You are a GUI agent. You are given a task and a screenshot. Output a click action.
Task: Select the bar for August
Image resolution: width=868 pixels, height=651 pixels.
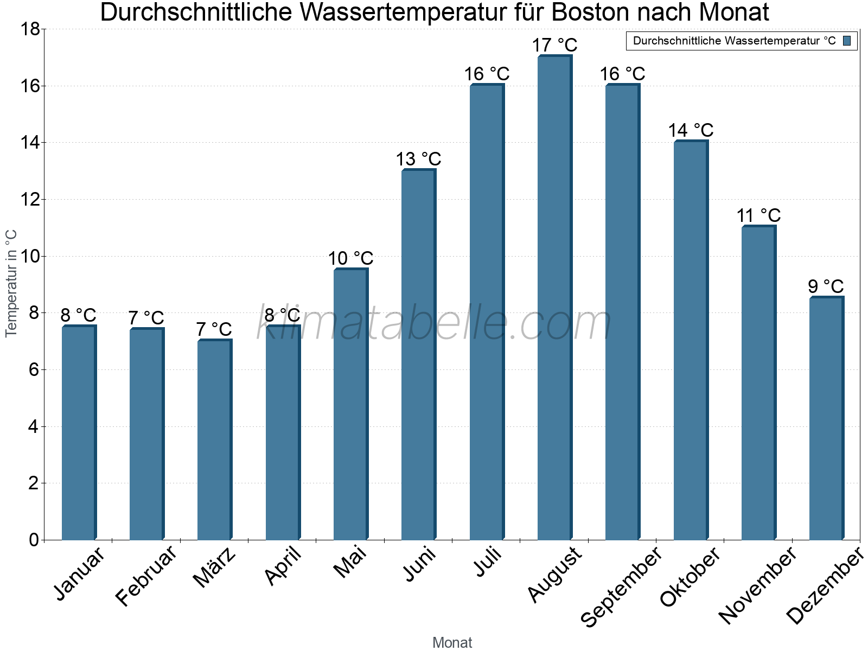point(554,298)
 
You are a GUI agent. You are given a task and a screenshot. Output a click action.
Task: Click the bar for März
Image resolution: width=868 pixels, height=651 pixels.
point(214,439)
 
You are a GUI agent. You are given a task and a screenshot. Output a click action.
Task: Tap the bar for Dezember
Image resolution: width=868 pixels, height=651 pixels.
point(826,418)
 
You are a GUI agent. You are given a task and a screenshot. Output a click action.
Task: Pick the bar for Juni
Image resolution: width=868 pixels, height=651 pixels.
point(418,355)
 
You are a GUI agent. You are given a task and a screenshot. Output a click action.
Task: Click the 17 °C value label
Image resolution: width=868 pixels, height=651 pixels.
point(554,45)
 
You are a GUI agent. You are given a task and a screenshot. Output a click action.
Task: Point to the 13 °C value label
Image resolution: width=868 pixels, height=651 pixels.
point(418,159)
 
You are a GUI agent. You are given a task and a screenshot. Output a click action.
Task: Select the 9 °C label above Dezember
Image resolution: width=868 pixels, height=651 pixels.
point(826,286)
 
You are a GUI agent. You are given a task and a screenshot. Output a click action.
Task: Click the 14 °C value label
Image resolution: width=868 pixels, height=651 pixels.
point(691,131)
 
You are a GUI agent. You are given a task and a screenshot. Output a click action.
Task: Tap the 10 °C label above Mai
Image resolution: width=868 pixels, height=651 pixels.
point(350,258)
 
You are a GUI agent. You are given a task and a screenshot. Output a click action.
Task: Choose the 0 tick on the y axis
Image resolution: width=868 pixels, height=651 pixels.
point(34,540)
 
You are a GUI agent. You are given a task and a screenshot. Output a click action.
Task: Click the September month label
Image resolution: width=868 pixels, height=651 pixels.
point(622,586)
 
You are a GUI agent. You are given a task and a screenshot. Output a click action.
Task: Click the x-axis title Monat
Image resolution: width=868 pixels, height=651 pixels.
point(452,642)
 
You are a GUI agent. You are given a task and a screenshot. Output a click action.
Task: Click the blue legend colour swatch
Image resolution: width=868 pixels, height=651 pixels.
point(847,41)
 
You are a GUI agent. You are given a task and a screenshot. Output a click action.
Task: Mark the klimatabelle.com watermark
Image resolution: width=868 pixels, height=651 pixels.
point(434,323)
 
